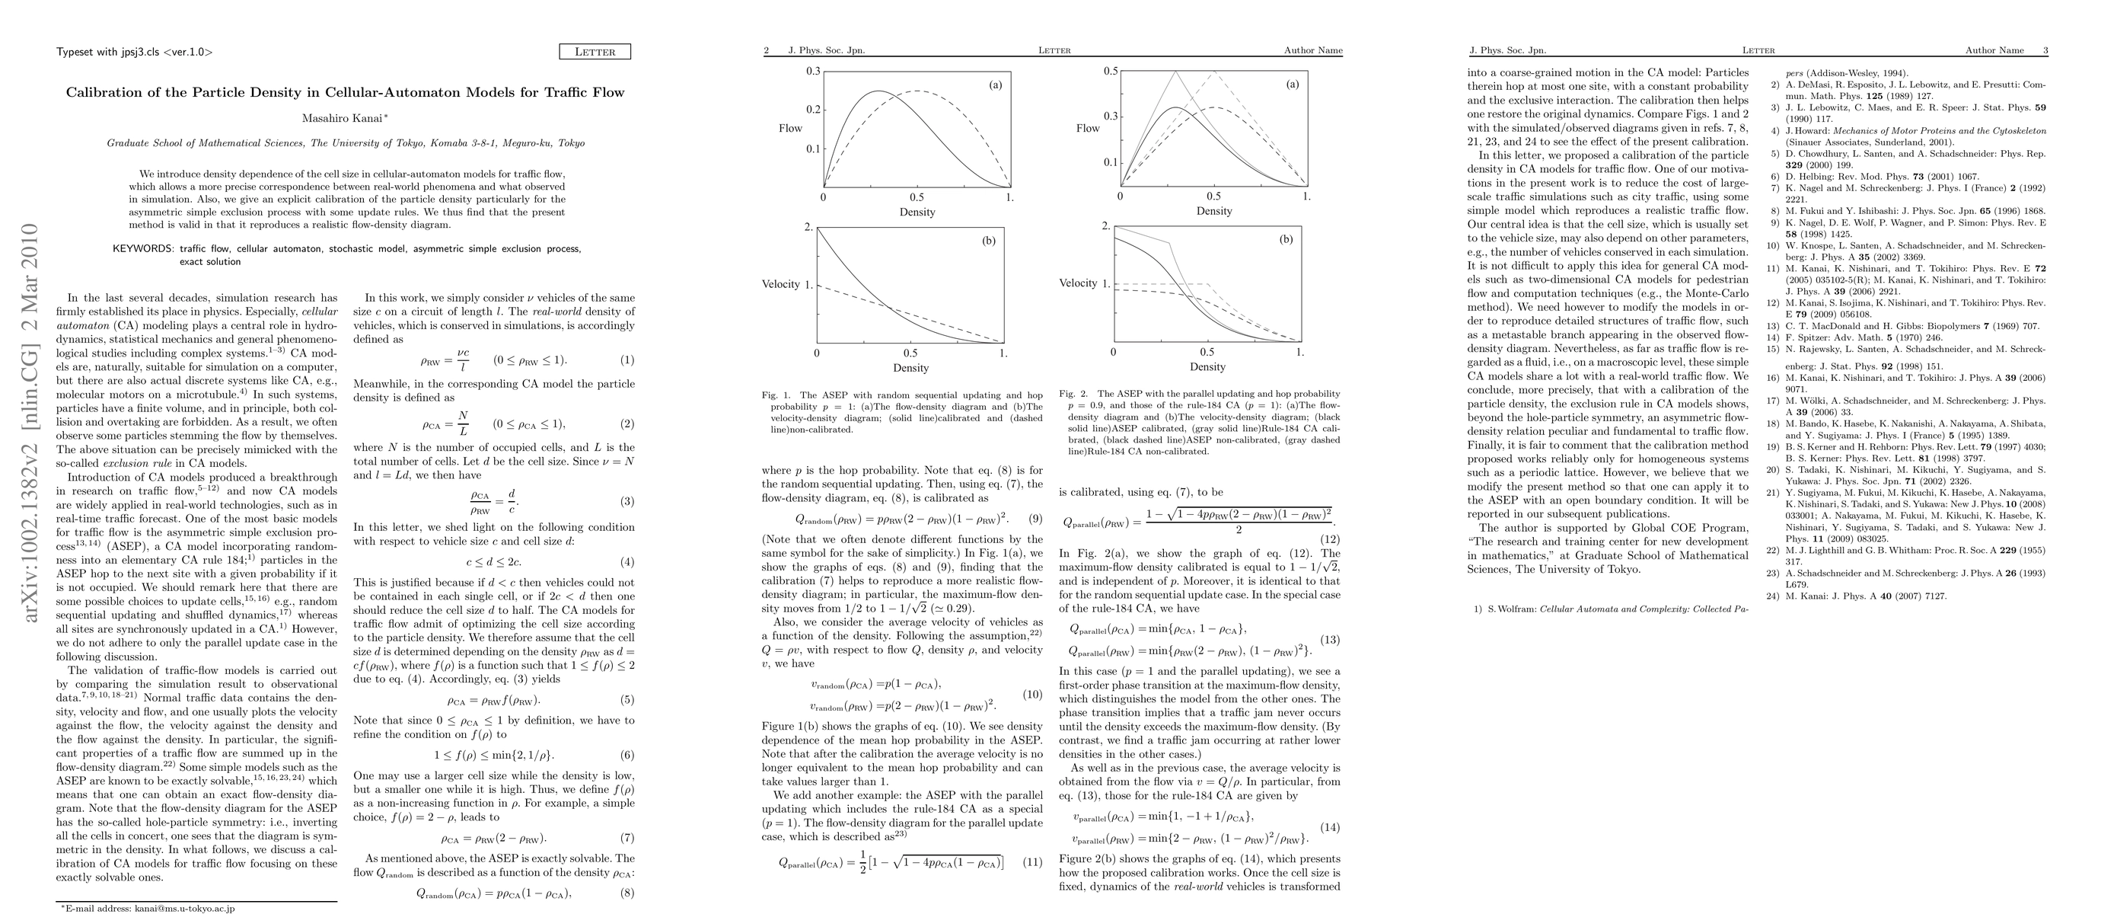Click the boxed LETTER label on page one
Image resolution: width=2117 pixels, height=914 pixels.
(x=595, y=52)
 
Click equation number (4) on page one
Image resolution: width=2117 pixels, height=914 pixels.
(x=627, y=562)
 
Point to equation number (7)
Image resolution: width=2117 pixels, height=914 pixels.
(x=627, y=839)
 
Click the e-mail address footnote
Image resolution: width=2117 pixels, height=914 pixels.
(x=148, y=908)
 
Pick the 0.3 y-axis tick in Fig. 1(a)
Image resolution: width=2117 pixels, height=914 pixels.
(x=813, y=72)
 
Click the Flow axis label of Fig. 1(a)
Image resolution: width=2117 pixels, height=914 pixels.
(x=791, y=128)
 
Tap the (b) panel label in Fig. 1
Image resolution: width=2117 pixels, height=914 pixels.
(x=989, y=240)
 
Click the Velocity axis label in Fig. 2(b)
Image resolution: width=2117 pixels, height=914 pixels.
(x=1078, y=283)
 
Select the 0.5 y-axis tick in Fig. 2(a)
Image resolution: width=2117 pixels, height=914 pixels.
(x=1111, y=72)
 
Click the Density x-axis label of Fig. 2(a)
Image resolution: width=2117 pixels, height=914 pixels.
(x=1214, y=211)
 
